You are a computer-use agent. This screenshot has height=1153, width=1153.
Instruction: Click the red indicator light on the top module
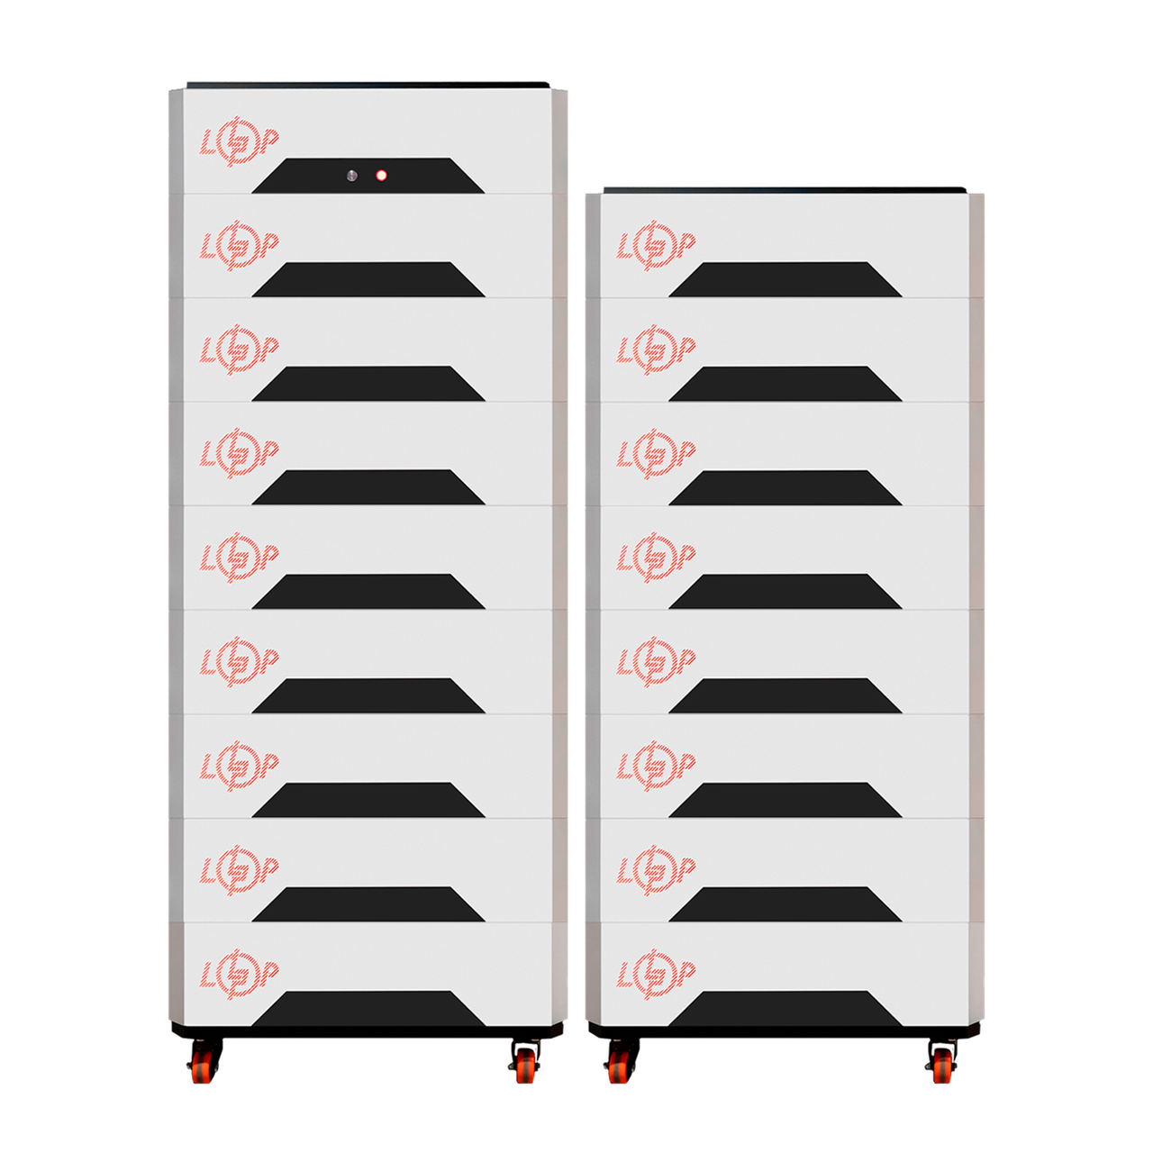(x=381, y=176)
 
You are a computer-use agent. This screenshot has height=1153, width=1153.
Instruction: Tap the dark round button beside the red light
(x=352, y=176)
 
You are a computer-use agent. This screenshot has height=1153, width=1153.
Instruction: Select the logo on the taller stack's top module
(x=239, y=142)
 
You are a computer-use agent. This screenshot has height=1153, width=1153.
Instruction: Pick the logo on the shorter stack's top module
(x=656, y=245)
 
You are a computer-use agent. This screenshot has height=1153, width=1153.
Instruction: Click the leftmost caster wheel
(x=202, y=1067)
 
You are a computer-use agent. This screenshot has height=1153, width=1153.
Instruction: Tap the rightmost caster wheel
(x=943, y=1067)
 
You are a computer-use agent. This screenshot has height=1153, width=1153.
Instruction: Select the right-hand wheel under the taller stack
(x=526, y=1067)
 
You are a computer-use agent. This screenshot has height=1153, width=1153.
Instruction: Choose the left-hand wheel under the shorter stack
(x=619, y=1067)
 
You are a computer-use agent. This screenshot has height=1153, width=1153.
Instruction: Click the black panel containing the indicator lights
(x=368, y=177)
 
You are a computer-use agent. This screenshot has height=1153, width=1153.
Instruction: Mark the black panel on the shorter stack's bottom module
(x=785, y=1009)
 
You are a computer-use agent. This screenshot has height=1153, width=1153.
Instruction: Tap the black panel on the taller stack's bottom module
(x=368, y=1009)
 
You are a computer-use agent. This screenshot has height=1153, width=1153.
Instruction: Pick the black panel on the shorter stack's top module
(x=785, y=280)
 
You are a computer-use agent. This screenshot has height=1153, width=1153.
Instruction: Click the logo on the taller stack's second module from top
(x=239, y=245)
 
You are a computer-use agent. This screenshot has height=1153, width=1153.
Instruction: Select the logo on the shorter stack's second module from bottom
(x=656, y=869)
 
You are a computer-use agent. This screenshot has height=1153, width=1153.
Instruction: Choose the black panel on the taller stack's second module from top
(x=368, y=280)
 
